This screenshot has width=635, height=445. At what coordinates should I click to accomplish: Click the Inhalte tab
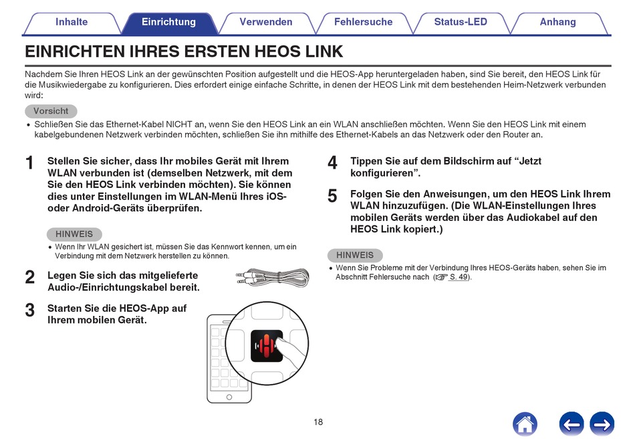(72, 22)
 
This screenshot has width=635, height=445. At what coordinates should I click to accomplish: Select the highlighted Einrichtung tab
(168, 22)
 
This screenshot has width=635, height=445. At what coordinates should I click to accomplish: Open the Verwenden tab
(265, 22)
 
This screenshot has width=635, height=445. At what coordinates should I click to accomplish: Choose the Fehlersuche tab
(363, 22)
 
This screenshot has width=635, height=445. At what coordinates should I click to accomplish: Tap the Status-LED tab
(461, 22)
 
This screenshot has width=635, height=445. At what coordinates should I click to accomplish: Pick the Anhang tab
(557, 22)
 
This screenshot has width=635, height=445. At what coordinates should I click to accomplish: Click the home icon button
(525, 424)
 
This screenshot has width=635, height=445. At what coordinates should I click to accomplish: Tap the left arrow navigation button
(571, 424)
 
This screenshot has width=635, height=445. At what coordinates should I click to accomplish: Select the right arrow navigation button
(602, 424)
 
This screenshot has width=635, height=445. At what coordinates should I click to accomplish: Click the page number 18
(318, 422)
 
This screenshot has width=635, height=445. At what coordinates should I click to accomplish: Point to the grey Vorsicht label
(51, 111)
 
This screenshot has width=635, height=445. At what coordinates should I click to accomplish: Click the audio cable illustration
(273, 278)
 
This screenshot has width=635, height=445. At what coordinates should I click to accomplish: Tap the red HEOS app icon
(267, 346)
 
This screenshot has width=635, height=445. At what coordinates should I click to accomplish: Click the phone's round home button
(229, 397)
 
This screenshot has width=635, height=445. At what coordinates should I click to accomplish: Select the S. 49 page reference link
(459, 277)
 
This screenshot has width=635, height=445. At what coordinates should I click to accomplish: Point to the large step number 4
(332, 163)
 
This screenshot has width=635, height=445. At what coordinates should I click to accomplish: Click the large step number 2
(29, 278)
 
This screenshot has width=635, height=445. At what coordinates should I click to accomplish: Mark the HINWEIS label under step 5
(355, 256)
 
